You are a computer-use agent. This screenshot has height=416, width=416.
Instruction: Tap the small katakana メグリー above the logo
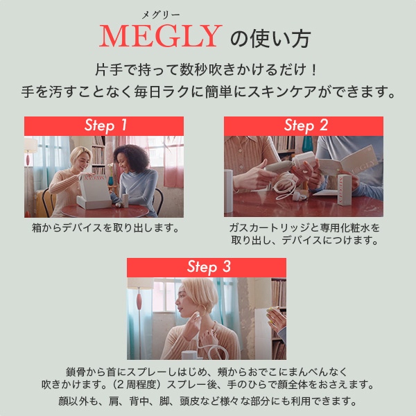tap(161, 14)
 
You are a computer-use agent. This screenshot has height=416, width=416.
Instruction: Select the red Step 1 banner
tap(104, 125)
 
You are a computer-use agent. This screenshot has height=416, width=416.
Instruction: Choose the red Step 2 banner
tap(304, 125)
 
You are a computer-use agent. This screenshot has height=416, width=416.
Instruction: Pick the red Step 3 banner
tap(207, 268)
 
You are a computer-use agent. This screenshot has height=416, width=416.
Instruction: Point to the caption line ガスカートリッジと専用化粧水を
tap(304, 227)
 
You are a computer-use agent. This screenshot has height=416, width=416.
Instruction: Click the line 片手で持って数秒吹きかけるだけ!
tap(207, 71)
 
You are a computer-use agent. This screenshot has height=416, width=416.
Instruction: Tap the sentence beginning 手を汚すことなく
tap(208, 91)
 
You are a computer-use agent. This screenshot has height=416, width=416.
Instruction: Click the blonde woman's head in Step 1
tap(79, 156)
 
